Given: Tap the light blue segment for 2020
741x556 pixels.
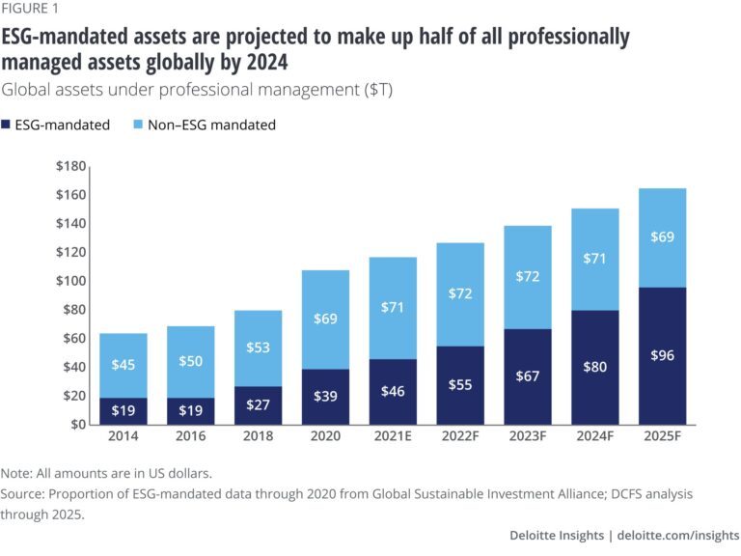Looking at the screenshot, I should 326,319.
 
